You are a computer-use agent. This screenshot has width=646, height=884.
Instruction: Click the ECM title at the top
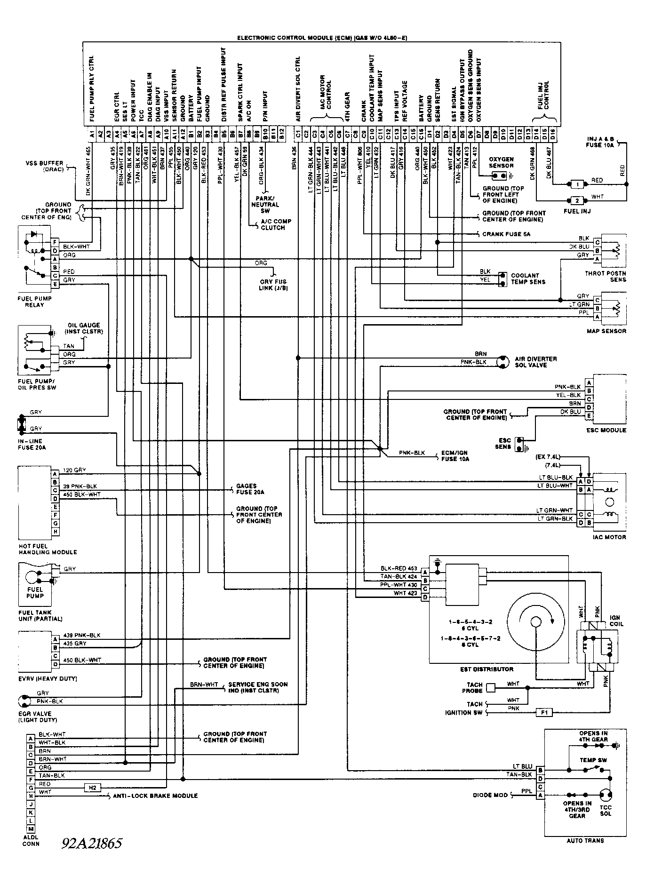pos(322,38)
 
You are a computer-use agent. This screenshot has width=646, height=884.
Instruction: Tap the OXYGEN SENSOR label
pos(501,162)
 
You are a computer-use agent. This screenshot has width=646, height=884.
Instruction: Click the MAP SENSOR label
pos(606,331)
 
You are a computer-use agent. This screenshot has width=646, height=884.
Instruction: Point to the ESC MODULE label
pos(606,430)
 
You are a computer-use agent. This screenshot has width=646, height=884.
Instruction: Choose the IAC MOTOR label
pos(610,537)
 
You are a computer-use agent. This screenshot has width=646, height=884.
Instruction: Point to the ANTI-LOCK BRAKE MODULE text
pos(156,796)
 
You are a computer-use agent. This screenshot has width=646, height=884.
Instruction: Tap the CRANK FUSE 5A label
pos(506,234)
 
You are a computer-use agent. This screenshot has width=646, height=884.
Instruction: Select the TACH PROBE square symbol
pos(491,688)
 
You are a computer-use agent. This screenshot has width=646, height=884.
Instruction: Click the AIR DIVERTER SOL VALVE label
pos(535,362)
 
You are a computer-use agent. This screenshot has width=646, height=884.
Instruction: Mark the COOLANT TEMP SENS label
pos(528,279)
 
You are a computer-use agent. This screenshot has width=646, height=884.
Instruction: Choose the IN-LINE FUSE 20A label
pos(32,445)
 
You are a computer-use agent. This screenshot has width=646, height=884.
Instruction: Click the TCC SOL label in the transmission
pos(606,811)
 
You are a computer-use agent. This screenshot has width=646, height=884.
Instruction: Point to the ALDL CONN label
pos(31,840)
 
